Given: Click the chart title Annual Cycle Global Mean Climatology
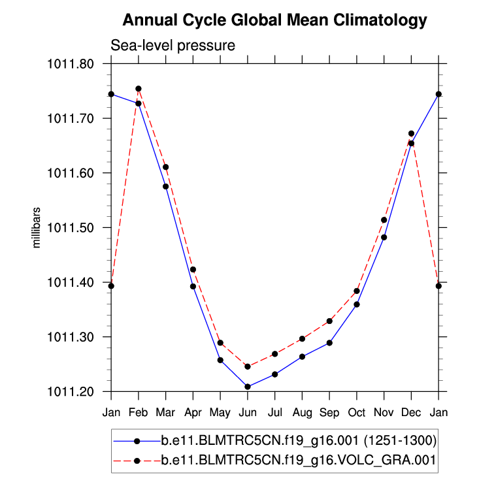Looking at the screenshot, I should pos(274,20).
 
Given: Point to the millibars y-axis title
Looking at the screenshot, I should pos(37,227).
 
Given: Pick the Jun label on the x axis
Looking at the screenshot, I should pos(248,413).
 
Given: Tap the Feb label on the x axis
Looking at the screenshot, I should pos(138,413).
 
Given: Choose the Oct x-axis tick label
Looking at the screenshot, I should pos(357,413).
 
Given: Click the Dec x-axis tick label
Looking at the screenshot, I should pos(411,413).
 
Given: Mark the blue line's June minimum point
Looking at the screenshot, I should pos(248,387).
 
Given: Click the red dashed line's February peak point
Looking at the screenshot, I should pos(139,89).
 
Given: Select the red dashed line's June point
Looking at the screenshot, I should pos(248,366).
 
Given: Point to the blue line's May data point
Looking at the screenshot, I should pos(220,360).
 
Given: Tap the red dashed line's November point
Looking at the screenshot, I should pos(384,220).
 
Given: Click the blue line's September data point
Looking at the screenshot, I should pos(329,343).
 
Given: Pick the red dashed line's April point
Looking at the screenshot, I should pos(193,270).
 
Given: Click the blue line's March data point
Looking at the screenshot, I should pos(166,187).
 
